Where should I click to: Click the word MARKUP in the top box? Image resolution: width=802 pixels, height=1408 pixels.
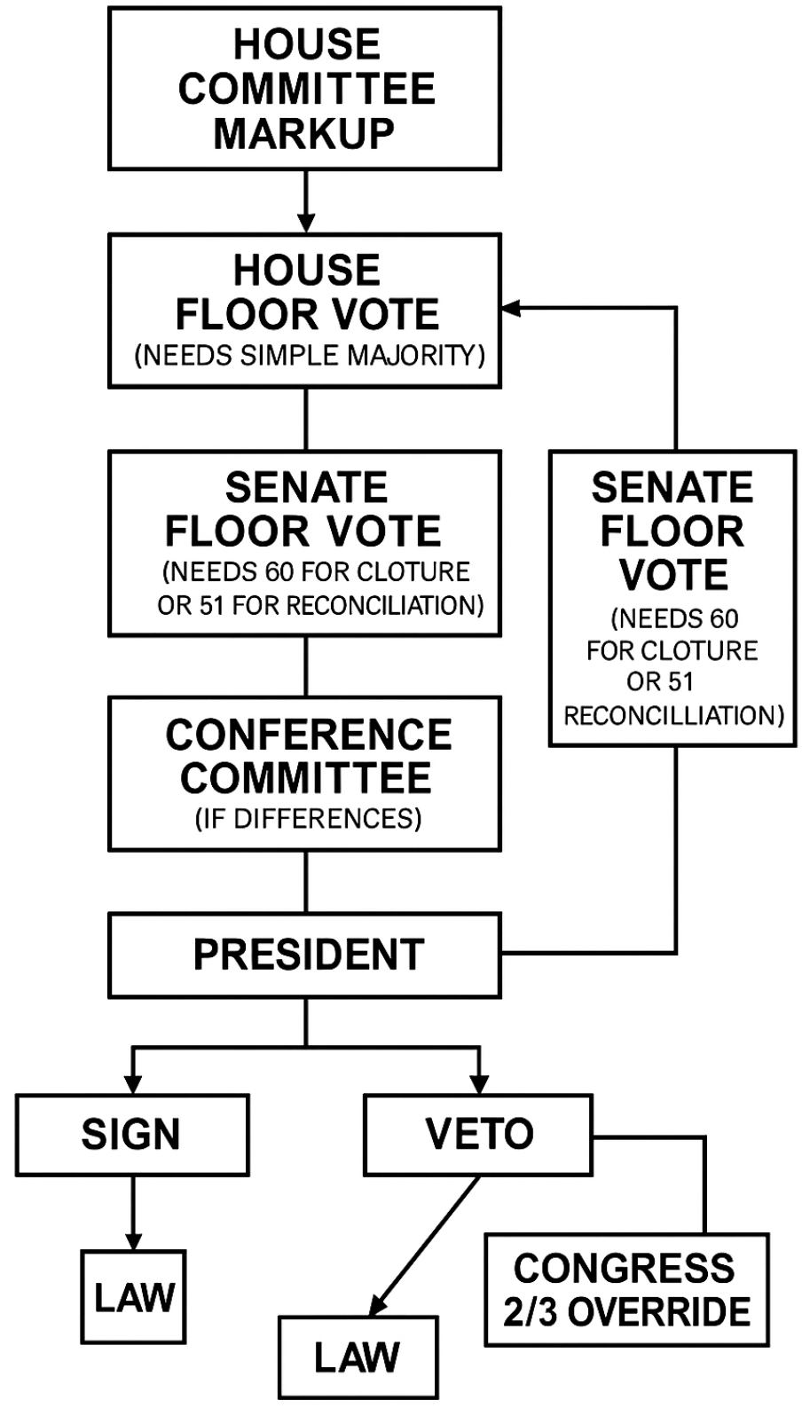(304, 133)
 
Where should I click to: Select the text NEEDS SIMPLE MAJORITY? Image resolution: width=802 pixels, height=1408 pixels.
(310, 356)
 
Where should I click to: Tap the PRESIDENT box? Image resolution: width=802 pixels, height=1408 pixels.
(305, 955)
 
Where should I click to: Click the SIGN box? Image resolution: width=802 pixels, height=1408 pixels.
(131, 1134)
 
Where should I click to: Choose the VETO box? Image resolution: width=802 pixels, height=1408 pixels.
(478, 1134)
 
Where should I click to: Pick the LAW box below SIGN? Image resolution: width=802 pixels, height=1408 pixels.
(134, 1297)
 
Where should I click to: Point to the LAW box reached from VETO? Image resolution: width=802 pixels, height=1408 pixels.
(358, 1357)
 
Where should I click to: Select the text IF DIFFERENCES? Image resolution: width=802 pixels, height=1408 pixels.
(308, 818)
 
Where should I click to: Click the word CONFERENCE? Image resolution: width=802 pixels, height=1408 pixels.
(309, 735)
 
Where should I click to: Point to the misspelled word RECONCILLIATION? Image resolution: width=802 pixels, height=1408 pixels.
(673, 715)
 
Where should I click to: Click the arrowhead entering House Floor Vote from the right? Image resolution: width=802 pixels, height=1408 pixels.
(510, 309)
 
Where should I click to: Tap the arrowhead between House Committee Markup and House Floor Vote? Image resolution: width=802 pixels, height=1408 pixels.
(305, 222)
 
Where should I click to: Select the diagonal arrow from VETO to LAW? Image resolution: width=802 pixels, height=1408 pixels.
(424, 1247)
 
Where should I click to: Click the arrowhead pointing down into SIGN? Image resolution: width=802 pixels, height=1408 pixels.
(133, 1084)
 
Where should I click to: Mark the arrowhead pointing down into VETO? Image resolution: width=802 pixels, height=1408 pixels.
(479, 1084)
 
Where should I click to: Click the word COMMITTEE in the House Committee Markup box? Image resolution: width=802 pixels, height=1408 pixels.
(307, 89)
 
